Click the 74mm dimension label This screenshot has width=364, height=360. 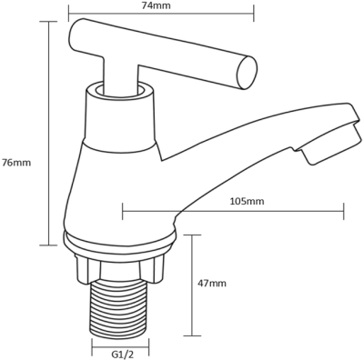(160, 5)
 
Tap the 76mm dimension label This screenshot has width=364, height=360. (16, 163)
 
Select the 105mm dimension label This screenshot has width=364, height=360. (248, 201)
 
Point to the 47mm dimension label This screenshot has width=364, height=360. (212, 284)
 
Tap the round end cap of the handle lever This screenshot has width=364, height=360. (248, 73)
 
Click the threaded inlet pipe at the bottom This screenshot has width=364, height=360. (120, 307)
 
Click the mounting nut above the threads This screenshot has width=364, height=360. (120, 267)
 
